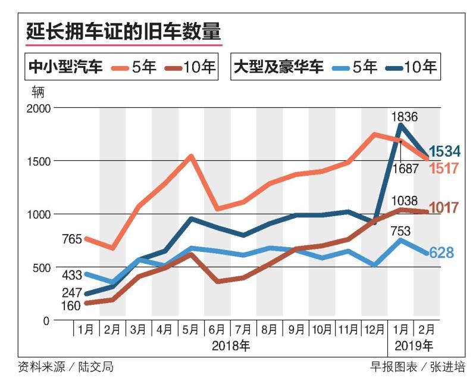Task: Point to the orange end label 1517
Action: (444, 169)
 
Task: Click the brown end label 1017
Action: (443, 208)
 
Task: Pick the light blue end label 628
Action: (441, 253)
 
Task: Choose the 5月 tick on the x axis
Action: (191, 329)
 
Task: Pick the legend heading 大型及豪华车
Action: (279, 67)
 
